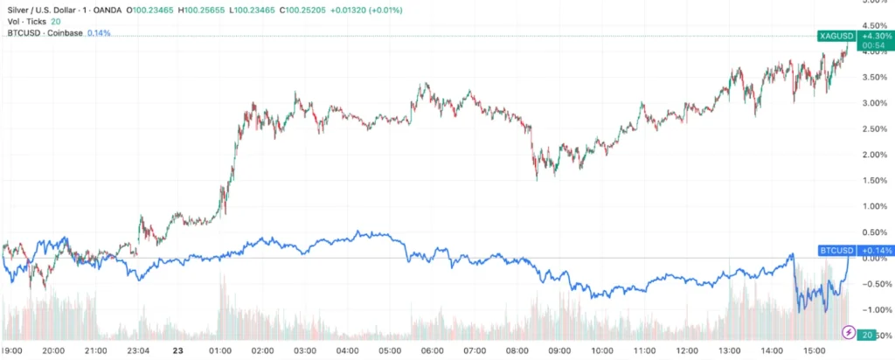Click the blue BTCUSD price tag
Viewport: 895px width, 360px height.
coord(835,251)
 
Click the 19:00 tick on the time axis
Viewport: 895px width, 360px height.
coord(12,350)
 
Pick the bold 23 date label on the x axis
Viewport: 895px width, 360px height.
coord(177,350)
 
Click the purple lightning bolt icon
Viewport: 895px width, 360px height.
coord(848,333)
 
